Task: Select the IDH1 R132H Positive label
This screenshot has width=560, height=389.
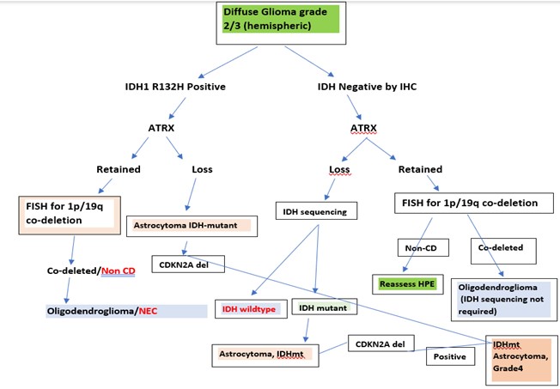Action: [175, 87]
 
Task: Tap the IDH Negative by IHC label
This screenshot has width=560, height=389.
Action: [367, 87]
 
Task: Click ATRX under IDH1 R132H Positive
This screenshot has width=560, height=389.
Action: [161, 128]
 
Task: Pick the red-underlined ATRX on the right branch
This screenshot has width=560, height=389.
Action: [363, 128]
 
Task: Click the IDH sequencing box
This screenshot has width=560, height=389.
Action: [316, 211]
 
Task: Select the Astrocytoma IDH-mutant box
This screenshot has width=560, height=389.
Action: [192, 226]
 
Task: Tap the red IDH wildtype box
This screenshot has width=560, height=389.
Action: [251, 308]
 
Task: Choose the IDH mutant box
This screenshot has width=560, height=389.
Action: [325, 307]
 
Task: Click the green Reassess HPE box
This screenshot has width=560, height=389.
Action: [407, 284]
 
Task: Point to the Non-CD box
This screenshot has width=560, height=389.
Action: [423, 247]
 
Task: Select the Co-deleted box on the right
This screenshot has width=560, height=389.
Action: [503, 251]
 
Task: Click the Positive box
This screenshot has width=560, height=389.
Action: [450, 356]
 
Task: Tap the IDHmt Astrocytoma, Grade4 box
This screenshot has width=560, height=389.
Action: [522, 360]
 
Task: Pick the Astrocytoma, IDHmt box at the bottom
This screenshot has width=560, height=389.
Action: [265, 356]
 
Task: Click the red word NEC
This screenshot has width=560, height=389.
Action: [148, 311]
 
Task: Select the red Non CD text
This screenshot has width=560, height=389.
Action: [119, 270]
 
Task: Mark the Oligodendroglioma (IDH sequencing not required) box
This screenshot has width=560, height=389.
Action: [504, 300]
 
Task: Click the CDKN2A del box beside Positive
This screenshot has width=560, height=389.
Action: [381, 343]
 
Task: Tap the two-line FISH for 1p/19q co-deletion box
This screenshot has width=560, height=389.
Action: [70, 215]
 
